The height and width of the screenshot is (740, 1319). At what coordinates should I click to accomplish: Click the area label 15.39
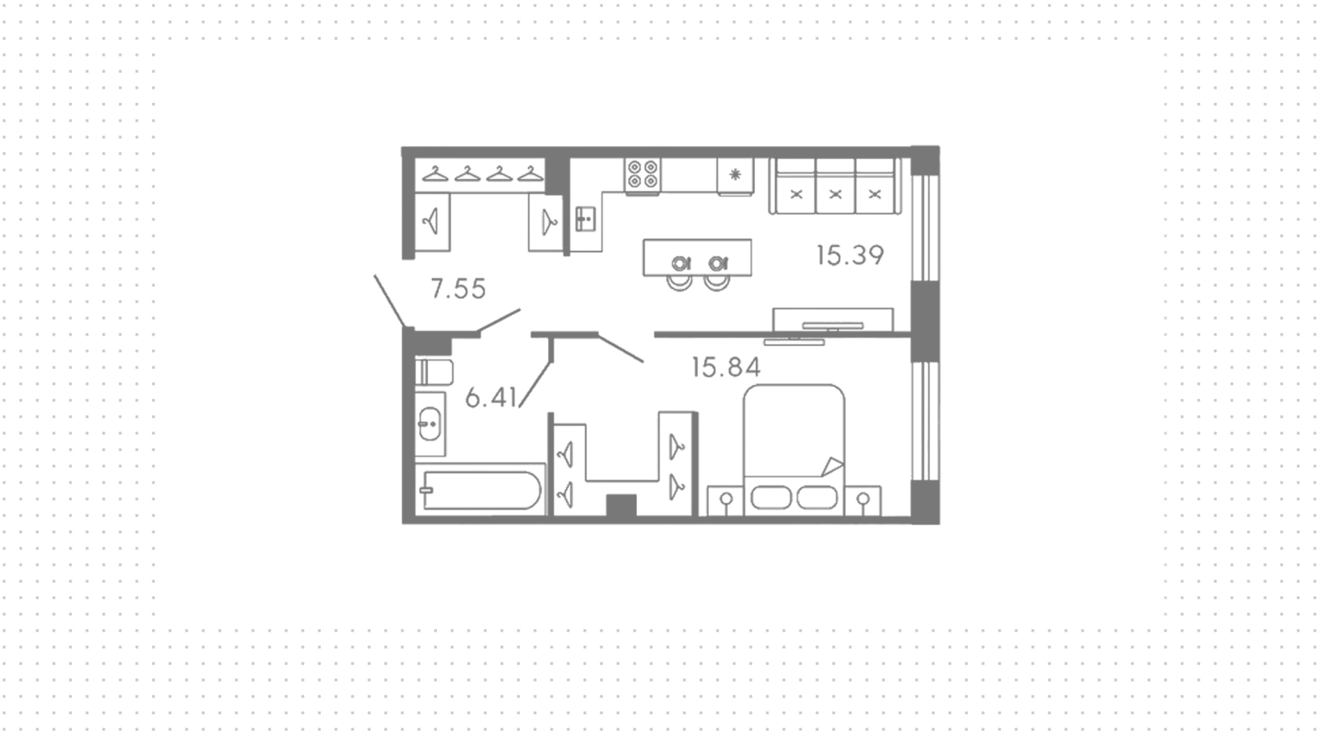click(850, 255)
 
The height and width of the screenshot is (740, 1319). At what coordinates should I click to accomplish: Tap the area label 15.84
click(726, 367)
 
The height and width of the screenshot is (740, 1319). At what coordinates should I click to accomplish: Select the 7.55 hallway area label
click(458, 289)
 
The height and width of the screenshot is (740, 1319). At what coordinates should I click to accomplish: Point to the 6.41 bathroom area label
click(491, 397)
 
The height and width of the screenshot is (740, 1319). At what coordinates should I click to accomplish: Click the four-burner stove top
click(642, 174)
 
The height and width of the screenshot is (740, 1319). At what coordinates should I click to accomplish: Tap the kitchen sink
click(585, 219)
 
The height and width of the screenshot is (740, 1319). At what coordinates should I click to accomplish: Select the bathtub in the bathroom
click(482, 490)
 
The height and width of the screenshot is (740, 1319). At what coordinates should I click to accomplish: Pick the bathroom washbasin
click(429, 424)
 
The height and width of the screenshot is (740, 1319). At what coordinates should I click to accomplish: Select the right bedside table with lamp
click(864, 500)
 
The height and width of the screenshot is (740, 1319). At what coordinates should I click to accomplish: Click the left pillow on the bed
click(771, 498)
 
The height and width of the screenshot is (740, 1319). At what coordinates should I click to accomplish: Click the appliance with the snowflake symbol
click(735, 176)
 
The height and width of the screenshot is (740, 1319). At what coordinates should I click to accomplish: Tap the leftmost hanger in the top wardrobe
click(435, 174)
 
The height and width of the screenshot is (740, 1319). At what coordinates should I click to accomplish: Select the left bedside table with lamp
click(725, 500)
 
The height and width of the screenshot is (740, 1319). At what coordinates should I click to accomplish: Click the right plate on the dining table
click(718, 263)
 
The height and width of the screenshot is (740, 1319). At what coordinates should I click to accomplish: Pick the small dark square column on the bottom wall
click(621, 505)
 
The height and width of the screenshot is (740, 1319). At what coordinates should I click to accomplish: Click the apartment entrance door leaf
click(389, 301)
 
